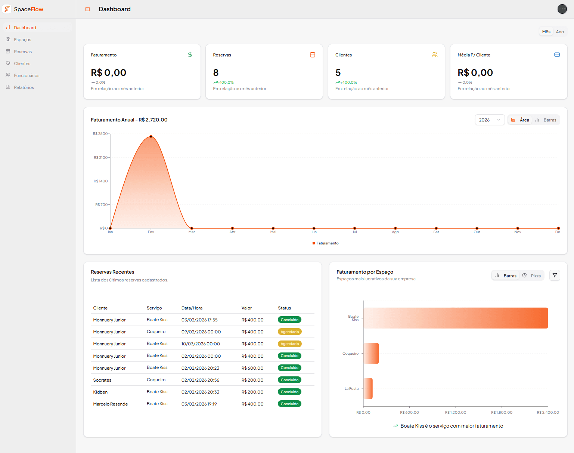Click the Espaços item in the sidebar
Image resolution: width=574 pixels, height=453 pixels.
point(22,40)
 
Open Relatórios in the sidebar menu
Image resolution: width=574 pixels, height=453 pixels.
point(24,87)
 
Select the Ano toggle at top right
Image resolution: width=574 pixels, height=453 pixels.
point(559,32)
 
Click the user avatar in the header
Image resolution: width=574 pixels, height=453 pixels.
point(562,9)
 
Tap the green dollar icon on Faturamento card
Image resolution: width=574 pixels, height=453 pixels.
point(190,55)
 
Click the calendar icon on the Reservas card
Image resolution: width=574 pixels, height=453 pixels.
point(313,55)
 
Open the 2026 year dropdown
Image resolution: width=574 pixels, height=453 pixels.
point(489,120)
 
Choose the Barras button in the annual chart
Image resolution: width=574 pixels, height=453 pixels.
point(546,120)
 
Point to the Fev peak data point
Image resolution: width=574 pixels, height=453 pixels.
point(151,136)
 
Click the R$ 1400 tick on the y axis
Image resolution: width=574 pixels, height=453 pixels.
point(100,181)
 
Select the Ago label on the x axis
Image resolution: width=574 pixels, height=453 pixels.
point(395,232)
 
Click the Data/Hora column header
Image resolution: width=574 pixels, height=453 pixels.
point(192,308)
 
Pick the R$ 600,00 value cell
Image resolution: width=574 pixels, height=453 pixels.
point(252,368)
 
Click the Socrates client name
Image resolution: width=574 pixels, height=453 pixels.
point(102,380)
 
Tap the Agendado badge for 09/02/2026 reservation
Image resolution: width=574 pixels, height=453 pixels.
point(289,332)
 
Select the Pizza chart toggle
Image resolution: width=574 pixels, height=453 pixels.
point(532,276)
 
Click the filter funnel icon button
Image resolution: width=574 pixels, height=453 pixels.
point(555,275)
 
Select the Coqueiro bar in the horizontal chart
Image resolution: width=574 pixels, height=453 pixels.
point(371,353)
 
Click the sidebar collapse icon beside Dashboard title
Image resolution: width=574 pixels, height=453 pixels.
point(87,9)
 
